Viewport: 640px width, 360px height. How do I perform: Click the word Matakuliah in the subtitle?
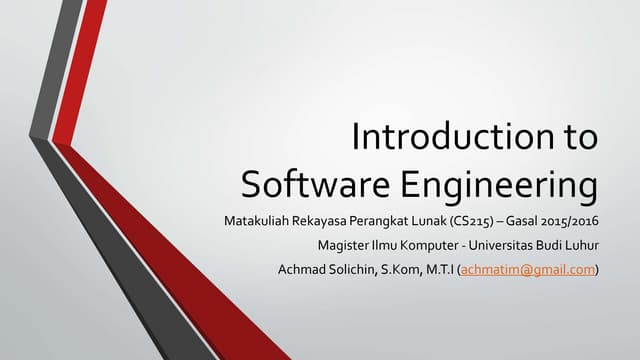point(255,220)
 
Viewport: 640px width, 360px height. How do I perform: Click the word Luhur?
point(581,245)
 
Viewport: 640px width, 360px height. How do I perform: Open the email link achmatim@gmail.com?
point(526,269)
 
